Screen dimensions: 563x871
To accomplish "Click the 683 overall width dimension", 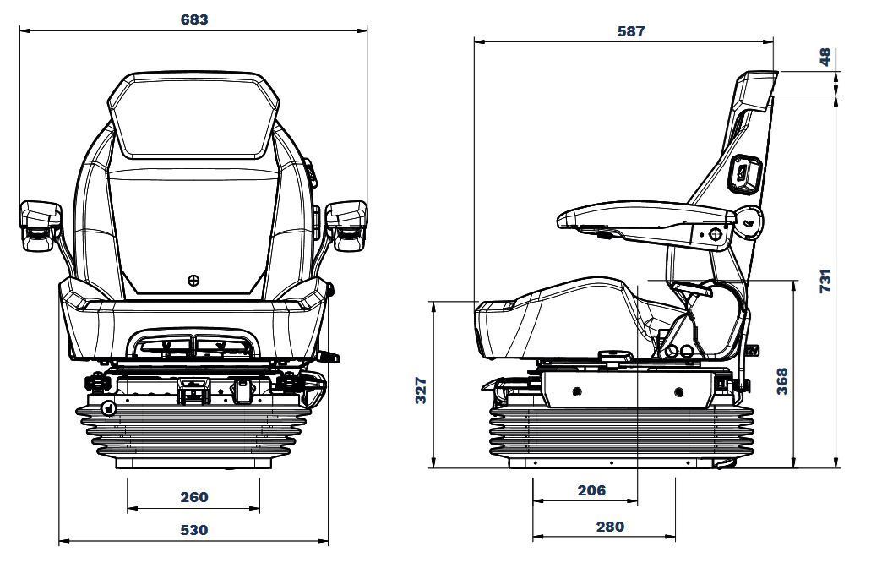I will (x=193, y=19).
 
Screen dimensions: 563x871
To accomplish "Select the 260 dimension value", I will (x=193, y=497).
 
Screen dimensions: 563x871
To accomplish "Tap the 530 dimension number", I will (x=193, y=530).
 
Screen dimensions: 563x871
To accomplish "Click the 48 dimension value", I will (x=825, y=57).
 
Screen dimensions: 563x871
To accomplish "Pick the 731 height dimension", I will (x=825, y=280).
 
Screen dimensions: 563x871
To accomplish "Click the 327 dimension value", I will (x=421, y=390).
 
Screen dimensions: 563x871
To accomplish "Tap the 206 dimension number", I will (x=591, y=490).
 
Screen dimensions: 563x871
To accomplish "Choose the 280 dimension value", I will (x=610, y=527).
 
